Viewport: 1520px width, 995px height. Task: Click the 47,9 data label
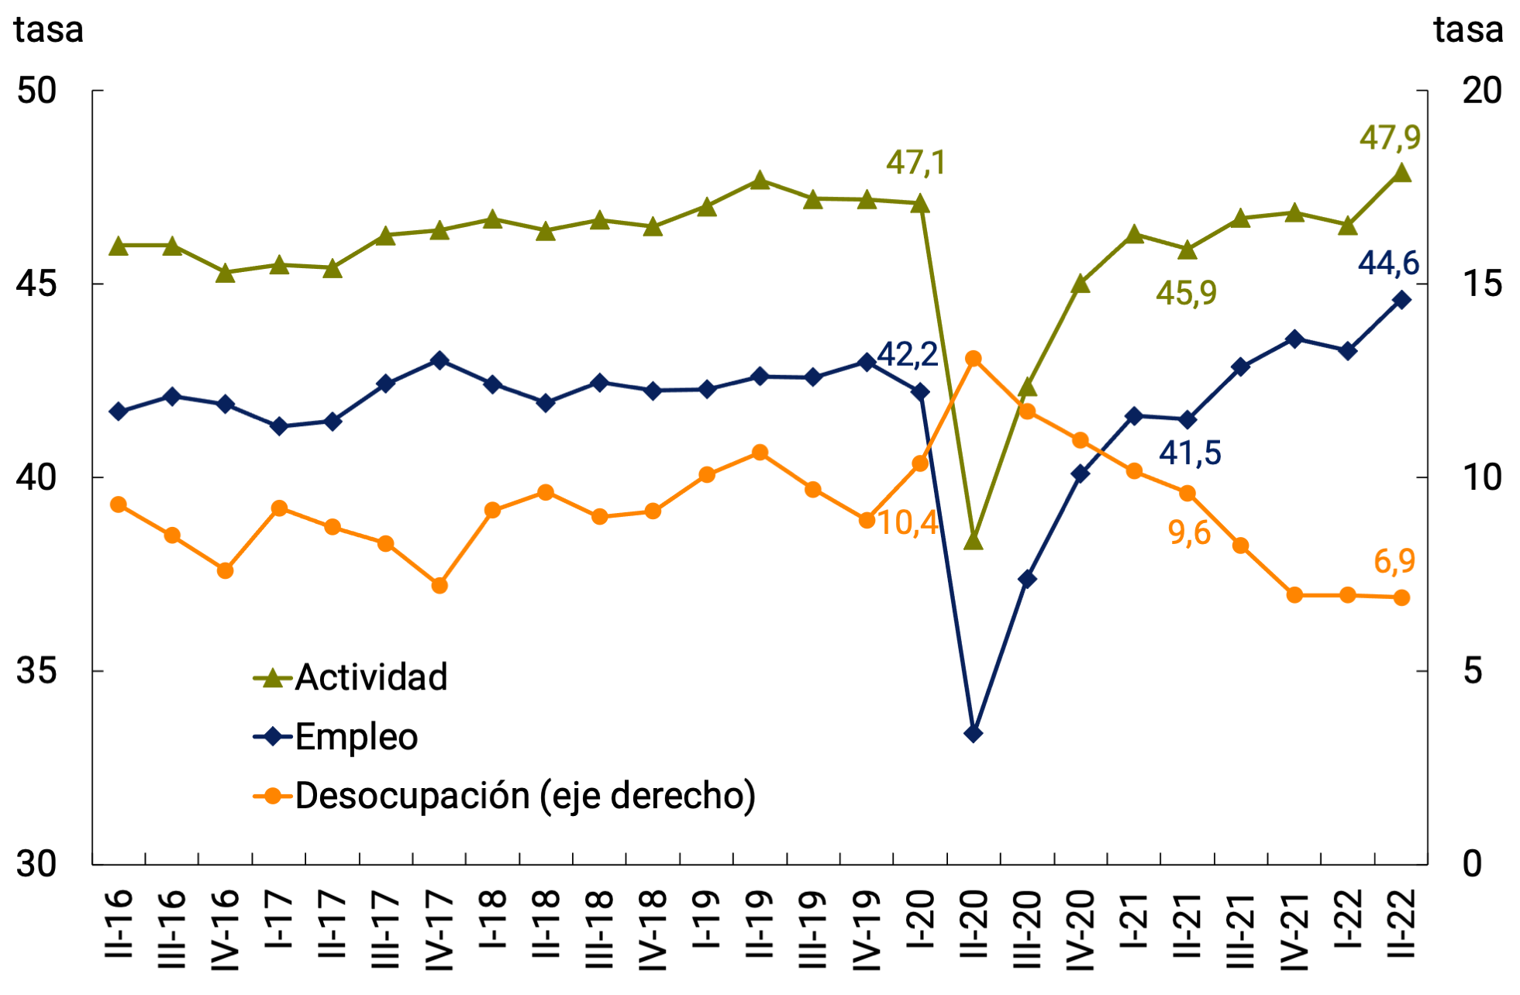click(x=1390, y=138)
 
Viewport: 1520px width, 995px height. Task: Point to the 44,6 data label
click(x=1388, y=263)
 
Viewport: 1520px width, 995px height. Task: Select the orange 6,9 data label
click(x=1394, y=561)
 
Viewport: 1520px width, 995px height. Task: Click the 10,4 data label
click(x=908, y=523)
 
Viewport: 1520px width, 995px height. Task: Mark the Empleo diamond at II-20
click(x=974, y=733)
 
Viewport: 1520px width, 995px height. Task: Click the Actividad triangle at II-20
click(x=974, y=541)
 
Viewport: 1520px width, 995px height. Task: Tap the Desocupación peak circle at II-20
click(x=974, y=359)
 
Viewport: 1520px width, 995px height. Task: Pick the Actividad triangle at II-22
click(x=1401, y=173)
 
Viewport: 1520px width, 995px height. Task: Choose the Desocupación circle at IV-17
click(x=439, y=585)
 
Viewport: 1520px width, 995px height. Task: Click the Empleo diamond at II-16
click(x=119, y=411)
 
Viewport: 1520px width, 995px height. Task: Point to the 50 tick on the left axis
click(x=37, y=91)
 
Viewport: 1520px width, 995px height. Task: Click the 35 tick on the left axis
click(x=37, y=670)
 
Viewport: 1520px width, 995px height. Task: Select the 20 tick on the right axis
click(x=1481, y=91)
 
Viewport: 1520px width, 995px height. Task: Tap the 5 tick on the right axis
click(x=1472, y=670)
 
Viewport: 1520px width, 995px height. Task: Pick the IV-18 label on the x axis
click(x=653, y=930)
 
